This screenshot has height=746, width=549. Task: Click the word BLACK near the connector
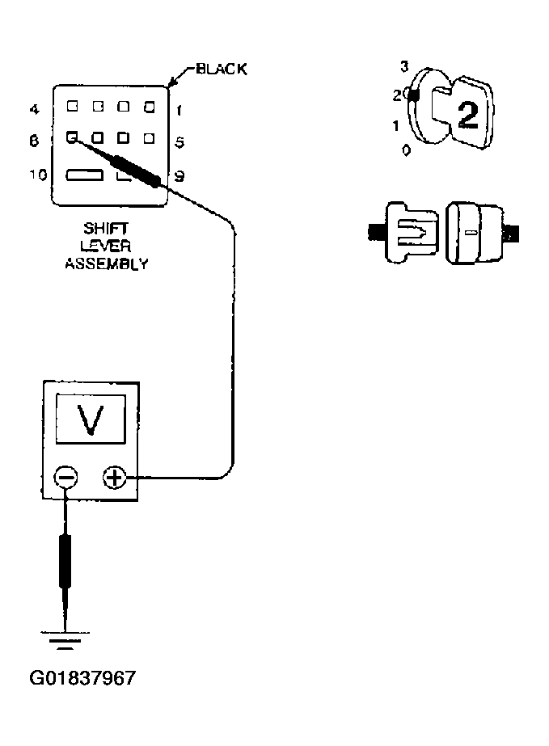coord(220,70)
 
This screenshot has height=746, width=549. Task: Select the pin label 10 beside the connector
coord(36,175)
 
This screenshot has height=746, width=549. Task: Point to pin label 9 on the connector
coord(179,175)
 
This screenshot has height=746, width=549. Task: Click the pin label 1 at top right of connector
coord(178,107)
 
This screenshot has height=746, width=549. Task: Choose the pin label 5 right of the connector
coord(179,141)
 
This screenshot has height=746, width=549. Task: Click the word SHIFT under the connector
coord(106,230)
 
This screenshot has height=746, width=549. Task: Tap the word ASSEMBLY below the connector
coord(106,263)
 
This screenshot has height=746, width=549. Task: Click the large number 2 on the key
coord(467,116)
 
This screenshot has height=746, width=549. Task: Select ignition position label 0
coord(406,150)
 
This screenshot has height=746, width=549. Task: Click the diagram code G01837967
coord(82,677)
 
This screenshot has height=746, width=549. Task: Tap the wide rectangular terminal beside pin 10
coord(84,175)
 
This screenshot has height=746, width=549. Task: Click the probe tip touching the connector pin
coord(74,138)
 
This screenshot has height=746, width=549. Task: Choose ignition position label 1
coord(395,125)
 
